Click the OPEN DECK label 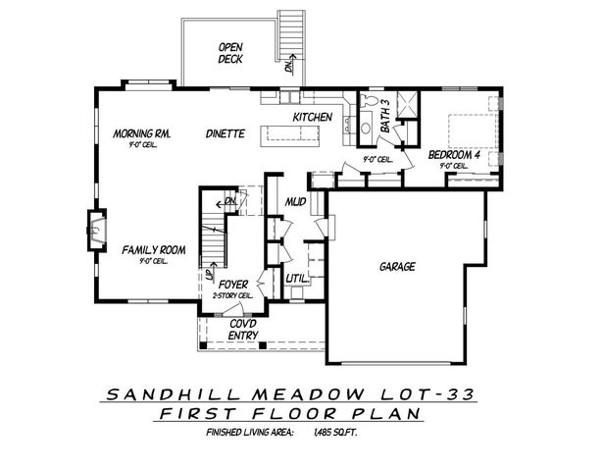(231, 52)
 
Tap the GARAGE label (396, 266)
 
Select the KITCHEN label (314, 118)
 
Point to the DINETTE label (225, 134)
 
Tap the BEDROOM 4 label (453, 154)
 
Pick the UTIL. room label (298, 279)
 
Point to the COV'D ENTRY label (244, 330)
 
